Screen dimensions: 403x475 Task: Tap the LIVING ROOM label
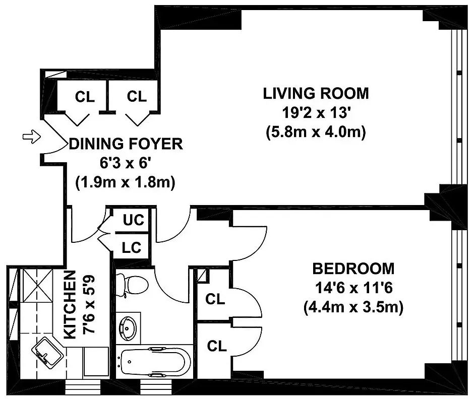pos(316,93)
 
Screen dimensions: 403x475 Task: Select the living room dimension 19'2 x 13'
pos(316,113)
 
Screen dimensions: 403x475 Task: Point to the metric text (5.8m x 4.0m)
pos(316,132)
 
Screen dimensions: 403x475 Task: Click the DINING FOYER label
pos(126,144)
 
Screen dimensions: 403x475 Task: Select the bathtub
pos(154,362)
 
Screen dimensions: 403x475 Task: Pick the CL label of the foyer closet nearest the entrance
pos(84,97)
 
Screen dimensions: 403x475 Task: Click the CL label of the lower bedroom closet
pos(216,346)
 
